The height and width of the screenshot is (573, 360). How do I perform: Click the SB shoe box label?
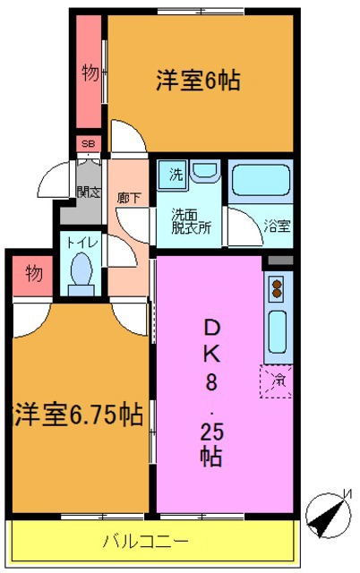pos(89,144)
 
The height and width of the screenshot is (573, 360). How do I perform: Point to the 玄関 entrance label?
pos(88,191)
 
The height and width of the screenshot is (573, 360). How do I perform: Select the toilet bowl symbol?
pos(81,272)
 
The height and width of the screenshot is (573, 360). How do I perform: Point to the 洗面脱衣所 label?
pos(192,220)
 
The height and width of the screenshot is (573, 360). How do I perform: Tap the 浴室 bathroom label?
pos(277,226)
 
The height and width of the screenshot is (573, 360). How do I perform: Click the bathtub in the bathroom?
pos(261,184)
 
